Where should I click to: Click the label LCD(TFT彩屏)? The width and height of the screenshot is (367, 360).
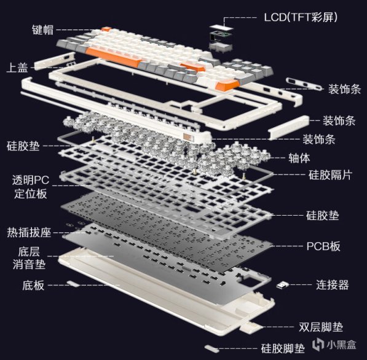pos(301,17)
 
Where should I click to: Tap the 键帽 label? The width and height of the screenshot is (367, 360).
pos(42,30)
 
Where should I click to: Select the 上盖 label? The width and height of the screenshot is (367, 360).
pos(17,67)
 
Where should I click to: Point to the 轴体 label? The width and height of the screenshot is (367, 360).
pos(299,158)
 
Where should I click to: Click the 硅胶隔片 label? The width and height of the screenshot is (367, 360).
pos(330,175)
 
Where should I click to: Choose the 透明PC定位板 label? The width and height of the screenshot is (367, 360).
pos(30,187)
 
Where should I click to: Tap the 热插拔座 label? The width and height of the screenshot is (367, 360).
pos(29,232)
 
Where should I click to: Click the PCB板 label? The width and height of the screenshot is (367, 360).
pos(323,246)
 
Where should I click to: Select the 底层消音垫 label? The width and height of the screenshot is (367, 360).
pos(29,258)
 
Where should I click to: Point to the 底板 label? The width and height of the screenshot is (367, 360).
pos(33,286)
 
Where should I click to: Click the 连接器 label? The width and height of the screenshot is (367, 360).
pos(333,284)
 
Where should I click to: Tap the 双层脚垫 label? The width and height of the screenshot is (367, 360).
pos(321,327)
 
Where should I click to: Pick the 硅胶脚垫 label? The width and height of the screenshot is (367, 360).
pos(283,348)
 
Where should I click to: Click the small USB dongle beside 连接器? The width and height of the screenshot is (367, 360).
pos(283,284)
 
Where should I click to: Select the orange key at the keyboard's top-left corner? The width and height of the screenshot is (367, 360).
pos(106,29)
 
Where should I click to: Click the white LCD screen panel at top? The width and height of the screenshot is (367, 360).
pos(222,27)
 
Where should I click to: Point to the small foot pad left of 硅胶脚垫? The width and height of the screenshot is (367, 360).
pos(212,348)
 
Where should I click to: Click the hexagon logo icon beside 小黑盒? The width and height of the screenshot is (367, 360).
pos(318,344)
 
